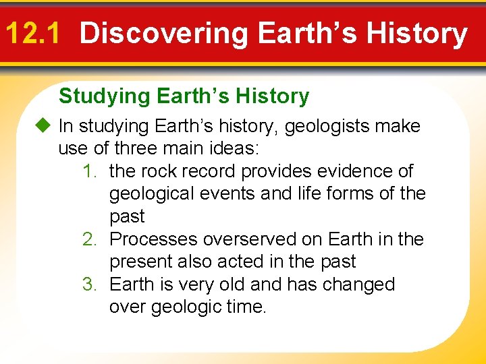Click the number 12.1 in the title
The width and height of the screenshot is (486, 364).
point(32,32)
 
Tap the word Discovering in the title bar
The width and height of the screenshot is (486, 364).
point(164,34)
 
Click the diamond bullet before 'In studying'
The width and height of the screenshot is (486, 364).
point(45,126)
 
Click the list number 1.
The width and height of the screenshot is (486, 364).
point(90,171)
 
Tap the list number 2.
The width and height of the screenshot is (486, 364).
point(90,239)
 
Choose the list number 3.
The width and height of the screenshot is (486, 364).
point(90,284)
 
